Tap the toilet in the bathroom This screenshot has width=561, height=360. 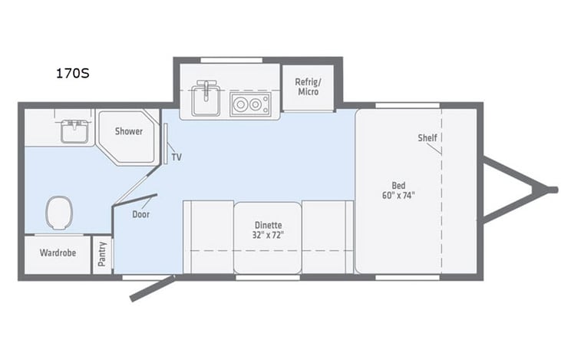pyautogui.click(x=59, y=213)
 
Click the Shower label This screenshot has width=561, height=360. pyautogui.click(x=129, y=131)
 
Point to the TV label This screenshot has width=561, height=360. pyautogui.click(x=177, y=157)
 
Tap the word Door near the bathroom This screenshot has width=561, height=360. pyautogui.click(x=140, y=214)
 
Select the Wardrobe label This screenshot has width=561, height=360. pyautogui.click(x=58, y=253)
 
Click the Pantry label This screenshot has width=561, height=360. pyautogui.click(x=104, y=254)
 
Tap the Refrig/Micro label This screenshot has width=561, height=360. pyautogui.click(x=307, y=87)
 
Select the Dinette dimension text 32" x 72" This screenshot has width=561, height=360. pyautogui.click(x=269, y=234)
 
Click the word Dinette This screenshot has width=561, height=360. pyautogui.click(x=269, y=224)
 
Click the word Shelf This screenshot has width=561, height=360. pyautogui.click(x=427, y=138)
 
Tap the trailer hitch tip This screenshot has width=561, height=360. pyautogui.click(x=551, y=188)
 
